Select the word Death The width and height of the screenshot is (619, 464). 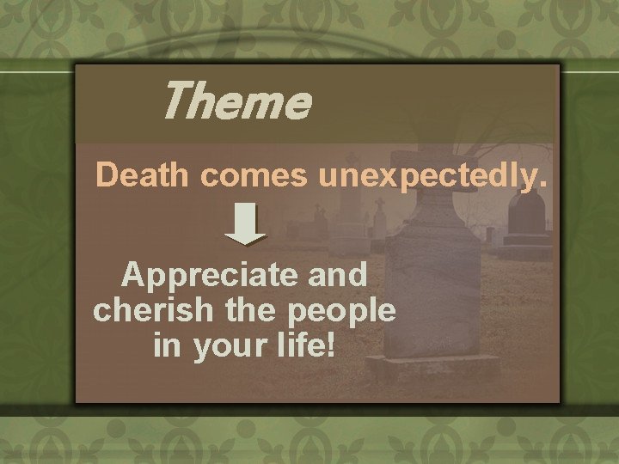click(142, 174)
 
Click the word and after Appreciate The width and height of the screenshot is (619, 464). click(341, 275)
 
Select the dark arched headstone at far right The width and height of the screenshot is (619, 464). click(527, 215)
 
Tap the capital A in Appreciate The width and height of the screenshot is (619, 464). click(136, 275)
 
